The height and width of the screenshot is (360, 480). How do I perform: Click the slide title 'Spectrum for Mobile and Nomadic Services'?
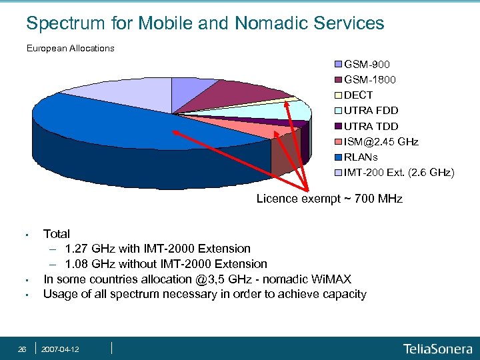pos(205,23)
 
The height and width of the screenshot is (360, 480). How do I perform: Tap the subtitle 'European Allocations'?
pos(70,49)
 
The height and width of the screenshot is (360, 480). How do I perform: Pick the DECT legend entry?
pos(358,95)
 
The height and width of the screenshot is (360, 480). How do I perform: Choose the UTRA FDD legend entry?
pos(371,111)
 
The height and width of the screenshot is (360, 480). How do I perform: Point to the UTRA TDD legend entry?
pos(371,126)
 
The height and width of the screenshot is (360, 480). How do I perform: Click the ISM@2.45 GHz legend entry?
pos(381,141)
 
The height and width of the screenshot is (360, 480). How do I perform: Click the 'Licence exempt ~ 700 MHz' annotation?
pos(329,199)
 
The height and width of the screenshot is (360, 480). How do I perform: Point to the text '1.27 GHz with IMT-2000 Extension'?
pos(158,249)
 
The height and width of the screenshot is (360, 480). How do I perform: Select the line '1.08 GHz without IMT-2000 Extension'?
pos(166,264)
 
